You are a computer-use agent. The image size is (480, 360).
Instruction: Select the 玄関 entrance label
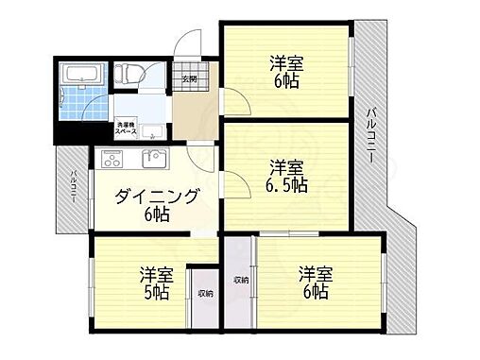[x=189, y=78]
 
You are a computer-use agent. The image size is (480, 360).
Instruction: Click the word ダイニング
[x=157, y=197]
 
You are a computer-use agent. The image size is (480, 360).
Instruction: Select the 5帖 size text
[x=158, y=293]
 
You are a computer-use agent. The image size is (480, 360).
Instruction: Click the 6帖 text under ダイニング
[x=157, y=215]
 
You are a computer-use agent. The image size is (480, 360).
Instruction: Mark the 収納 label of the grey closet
[x=240, y=280]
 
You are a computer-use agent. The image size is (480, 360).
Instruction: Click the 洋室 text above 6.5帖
[x=286, y=166]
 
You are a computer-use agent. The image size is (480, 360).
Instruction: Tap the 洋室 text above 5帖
[x=157, y=274]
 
